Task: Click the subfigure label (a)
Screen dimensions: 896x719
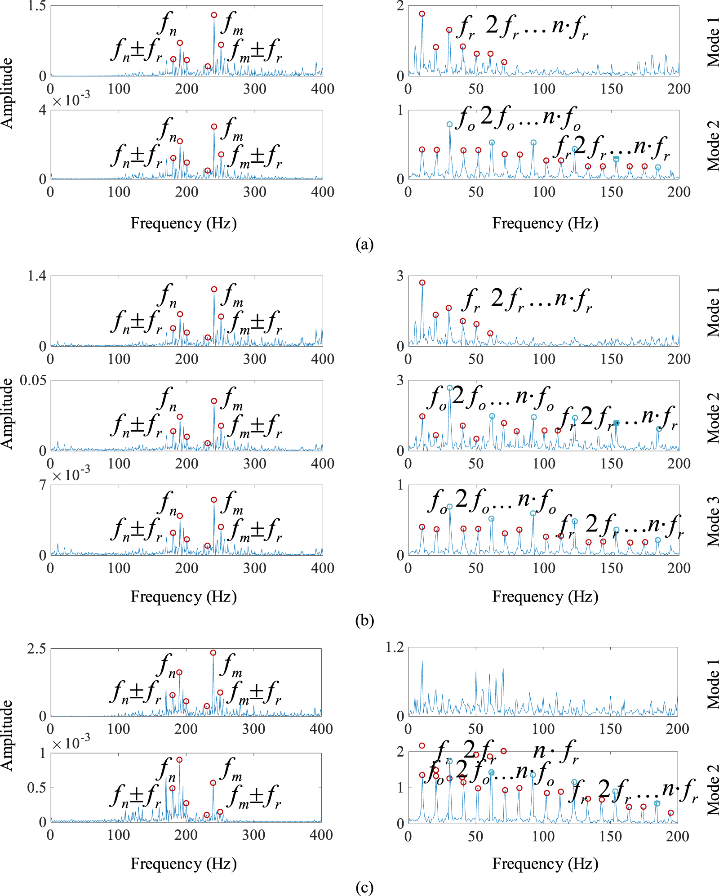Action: point(364,244)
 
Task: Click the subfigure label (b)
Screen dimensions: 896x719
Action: point(364,620)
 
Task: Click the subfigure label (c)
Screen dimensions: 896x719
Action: point(364,887)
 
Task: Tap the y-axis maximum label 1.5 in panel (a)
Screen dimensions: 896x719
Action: point(37,6)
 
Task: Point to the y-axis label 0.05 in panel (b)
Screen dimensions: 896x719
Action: point(33,381)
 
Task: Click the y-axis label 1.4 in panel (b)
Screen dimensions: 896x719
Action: point(37,276)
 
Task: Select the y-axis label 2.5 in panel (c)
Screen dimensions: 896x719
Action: point(37,649)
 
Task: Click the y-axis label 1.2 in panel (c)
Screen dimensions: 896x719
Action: point(395,647)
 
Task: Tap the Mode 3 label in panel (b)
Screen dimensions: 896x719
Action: point(713,522)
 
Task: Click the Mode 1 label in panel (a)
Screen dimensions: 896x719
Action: point(713,42)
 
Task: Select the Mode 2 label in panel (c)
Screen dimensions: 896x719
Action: point(713,789)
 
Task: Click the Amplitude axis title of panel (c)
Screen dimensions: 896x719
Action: point(7,735)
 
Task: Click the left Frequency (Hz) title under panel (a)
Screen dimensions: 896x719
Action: point(183,223)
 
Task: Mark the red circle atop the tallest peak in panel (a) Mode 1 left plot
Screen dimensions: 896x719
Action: point(214,15)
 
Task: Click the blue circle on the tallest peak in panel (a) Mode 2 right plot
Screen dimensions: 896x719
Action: point(449,125)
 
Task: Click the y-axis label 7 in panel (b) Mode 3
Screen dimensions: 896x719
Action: point(43,485)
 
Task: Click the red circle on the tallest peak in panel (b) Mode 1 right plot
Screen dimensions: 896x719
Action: point(422,283)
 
